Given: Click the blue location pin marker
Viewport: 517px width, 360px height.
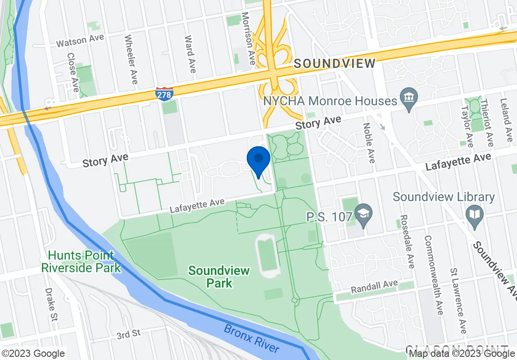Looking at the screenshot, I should tap(259, 161).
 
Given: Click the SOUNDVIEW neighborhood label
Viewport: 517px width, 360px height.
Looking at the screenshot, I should tap(335, 63).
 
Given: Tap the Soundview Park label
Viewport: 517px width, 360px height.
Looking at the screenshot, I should tap(219, 276).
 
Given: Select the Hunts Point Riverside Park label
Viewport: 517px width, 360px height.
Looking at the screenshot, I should tap(81, 261).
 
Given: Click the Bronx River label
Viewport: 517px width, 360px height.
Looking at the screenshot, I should tap(252, 339).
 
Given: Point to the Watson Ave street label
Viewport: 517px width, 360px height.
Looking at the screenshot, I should tap(80, 41).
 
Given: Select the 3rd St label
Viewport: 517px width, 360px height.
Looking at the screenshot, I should tap(128, 334).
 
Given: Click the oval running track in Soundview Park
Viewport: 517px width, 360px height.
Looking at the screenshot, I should tap(268, 255).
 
